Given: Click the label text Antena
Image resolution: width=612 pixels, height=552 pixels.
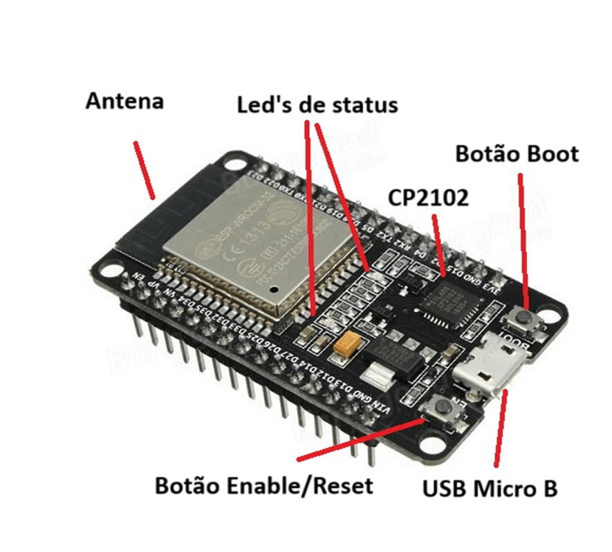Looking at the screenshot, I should [x=124, y=102].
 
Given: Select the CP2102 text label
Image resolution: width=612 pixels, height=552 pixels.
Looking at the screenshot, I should [x=428, y=198].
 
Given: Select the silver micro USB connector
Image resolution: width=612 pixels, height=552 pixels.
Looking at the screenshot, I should [x=494, y=365].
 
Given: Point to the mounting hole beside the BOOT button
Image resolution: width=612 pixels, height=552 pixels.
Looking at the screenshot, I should [x=550, y=317].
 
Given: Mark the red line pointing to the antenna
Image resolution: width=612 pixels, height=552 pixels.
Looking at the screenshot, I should [x=145, y=170].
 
